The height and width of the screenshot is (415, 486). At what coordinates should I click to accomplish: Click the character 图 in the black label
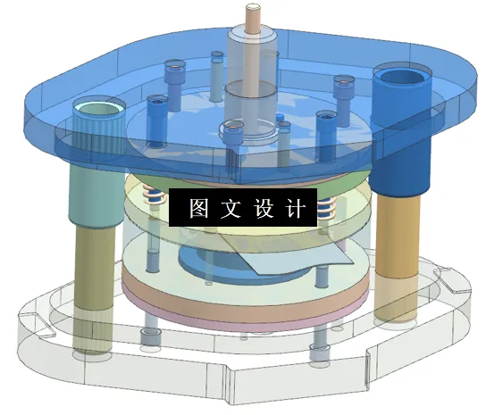[x=197, y=208]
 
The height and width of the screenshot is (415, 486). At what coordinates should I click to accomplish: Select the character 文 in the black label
[x=230, y=208]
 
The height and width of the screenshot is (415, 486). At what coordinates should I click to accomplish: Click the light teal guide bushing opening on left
[x=98, y=110]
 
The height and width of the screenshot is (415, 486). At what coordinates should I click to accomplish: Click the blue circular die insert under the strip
[x=214, y=263]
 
